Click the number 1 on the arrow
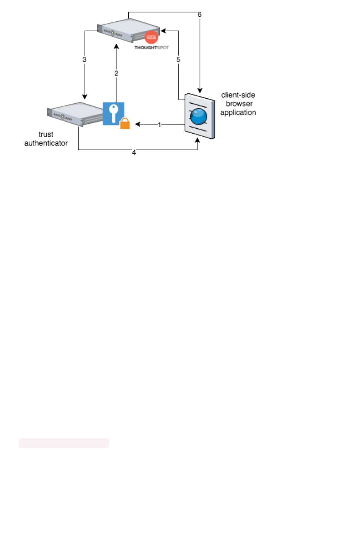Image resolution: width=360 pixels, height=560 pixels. tap(159, 125)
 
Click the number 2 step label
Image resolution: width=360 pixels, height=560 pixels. tap(116, 73)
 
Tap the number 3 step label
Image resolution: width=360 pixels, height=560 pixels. tap(85, 59)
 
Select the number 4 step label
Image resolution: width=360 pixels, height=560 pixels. tap(134, 152)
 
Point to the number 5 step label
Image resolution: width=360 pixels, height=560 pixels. tap(178, 60)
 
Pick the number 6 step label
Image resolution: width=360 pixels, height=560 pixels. tap(199, 15)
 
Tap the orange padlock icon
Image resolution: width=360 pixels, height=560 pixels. tap(125, 123)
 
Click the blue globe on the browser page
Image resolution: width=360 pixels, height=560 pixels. tap(199, 116)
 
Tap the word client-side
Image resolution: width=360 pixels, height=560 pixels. tap(238, 95)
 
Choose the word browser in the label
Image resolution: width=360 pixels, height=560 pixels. tap(238, 104)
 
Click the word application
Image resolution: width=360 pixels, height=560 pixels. tap(238, 112)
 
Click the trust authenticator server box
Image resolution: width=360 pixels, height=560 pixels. tap(75, 113)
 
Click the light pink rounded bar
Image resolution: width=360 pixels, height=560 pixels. tap(64, 443)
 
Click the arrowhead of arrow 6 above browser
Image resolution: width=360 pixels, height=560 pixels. tap(200, 90)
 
